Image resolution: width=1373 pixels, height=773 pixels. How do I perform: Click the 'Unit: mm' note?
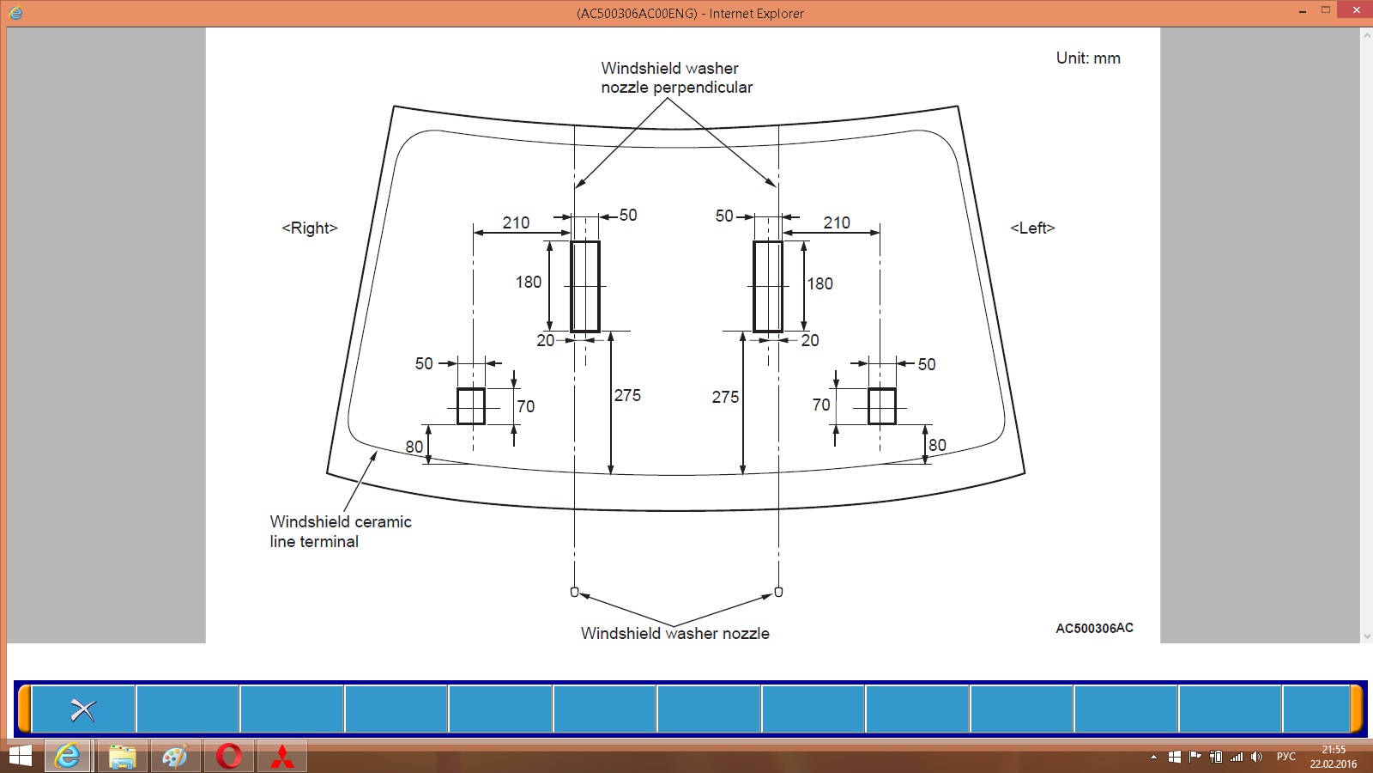click(x=1088, y=58)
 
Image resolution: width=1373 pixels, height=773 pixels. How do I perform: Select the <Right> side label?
click(x=310, y=228)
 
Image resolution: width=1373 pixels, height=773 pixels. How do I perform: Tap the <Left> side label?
click(x=1033, y=228)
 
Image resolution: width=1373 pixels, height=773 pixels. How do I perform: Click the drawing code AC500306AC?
click(x=1094, y=628)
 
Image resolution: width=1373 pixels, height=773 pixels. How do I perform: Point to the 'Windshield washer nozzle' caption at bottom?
click(x=674, y=634)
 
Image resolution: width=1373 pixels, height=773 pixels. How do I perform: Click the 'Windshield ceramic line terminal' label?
click(x=341, y=532)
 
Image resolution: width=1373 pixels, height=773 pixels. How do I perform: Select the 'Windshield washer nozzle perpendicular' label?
click(x=677, y=77)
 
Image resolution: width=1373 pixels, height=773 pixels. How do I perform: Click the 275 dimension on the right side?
click(x=725, y=398)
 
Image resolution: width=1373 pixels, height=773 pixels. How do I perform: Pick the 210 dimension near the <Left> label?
click(x=837, y=222)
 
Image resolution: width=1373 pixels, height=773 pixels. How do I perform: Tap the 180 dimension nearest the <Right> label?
click(x=529, y=283)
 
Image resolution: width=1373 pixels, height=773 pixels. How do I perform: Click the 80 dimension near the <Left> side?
click(x=937, y=446)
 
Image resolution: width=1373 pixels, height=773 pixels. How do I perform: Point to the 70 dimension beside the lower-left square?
click(x=526, y=407)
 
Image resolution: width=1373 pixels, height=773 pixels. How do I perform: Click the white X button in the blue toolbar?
click(x=82, y=710)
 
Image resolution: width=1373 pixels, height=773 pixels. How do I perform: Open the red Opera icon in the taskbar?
click(x=228, y=757)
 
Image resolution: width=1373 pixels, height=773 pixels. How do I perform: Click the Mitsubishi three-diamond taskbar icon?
click(x=282, y=757)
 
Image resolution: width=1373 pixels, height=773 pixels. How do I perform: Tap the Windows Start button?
click(x=21, y=757)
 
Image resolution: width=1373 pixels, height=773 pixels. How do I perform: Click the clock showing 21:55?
click(x=1334, y=750)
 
